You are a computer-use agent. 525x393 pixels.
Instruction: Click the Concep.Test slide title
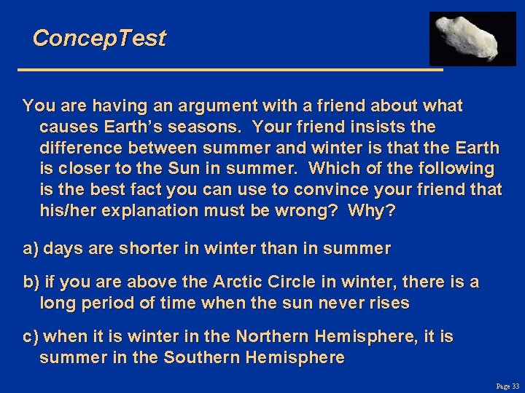click(x=99, y=38)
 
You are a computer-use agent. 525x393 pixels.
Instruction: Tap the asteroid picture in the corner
click(x=472, y=38)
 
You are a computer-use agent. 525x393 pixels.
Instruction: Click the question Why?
click(x=372, y=212)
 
